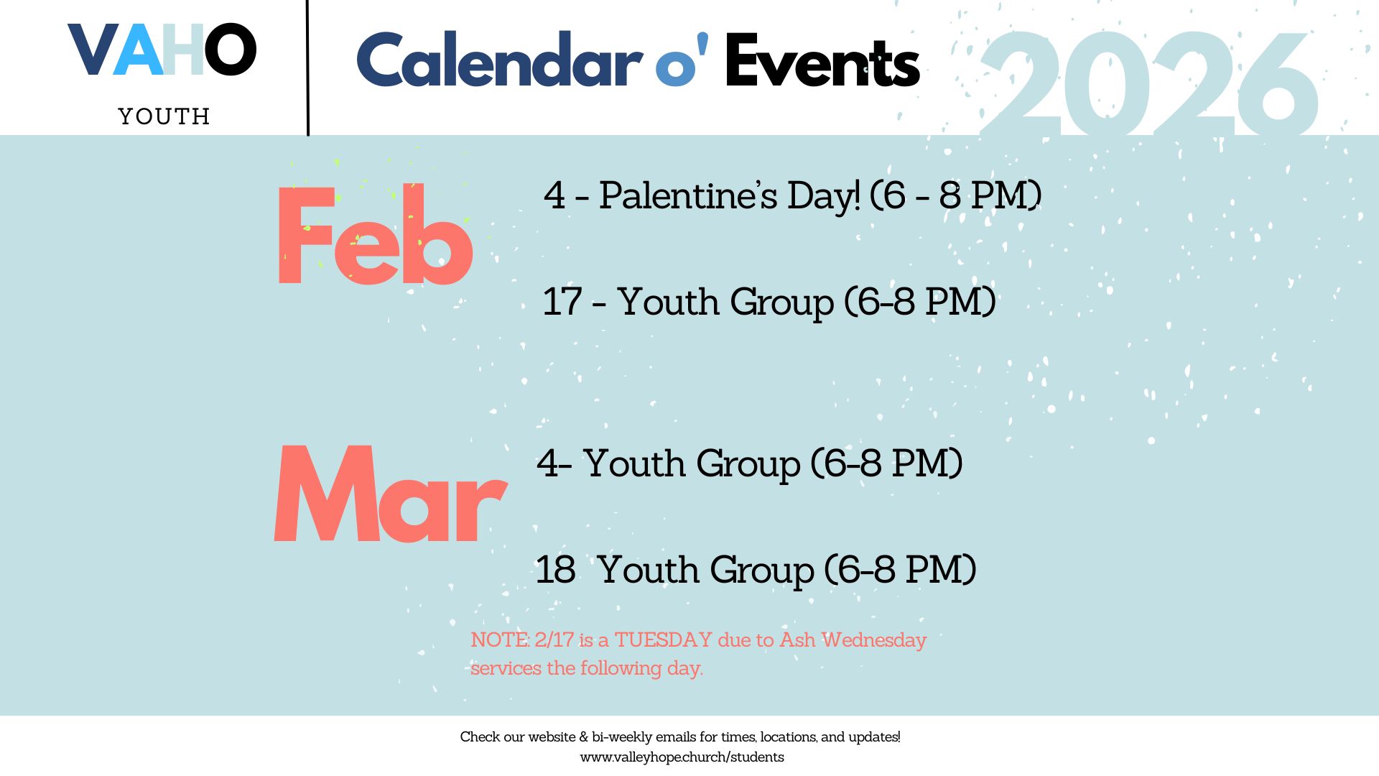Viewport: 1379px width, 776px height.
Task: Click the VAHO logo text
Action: tap(162, 50)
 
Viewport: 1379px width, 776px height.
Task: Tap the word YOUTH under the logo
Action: tap(164, 116)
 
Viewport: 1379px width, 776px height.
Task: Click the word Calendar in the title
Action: tap(500, 61)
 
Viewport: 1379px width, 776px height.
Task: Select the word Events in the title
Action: tap(822, 61)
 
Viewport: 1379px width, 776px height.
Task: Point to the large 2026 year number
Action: tap(1149, 85)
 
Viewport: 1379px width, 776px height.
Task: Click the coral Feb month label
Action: tap(375, 234)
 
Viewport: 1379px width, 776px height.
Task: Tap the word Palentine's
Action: tap(688, 195)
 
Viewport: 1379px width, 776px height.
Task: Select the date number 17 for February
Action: tap(562, 301)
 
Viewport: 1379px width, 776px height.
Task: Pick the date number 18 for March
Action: tap(556, 570)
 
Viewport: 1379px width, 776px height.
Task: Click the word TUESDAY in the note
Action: tap(663, 639)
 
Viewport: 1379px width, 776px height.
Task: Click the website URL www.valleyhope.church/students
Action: tap(682, 757)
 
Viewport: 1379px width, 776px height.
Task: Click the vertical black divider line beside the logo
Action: tap(308, 68)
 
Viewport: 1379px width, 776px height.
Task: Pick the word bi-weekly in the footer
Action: tap(622, 738)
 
